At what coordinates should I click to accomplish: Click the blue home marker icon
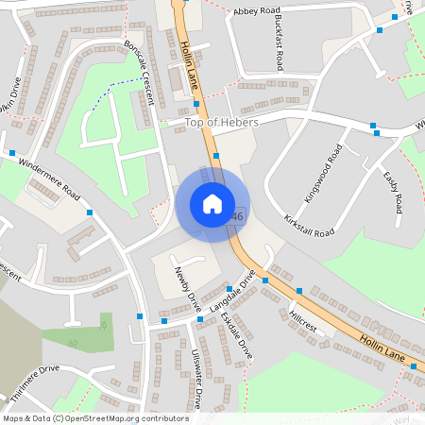click(212, 203)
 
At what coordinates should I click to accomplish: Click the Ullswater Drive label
click(196, 378)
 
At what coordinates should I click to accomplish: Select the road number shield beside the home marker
click(237, 216)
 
